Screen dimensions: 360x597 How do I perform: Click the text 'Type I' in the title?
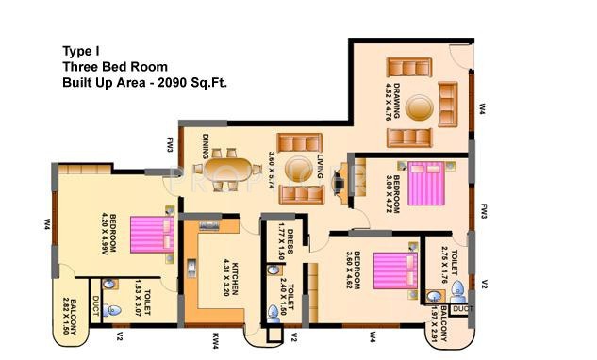[x=82, y=51]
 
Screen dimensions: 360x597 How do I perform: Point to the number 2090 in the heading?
[x=174, y=83]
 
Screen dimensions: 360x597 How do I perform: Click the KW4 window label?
[x=216, y=336]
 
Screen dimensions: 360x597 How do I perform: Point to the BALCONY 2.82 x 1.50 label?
[x=67, y=311]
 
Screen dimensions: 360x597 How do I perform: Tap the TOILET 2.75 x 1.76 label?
[x=447, y=265]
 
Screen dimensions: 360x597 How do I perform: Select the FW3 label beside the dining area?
[x=171, y=144]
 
